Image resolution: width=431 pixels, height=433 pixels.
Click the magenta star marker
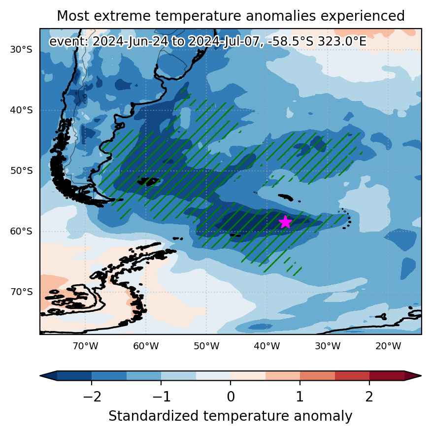tap(285, 222)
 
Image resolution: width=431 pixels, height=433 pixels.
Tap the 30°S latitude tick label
tap(21, 50)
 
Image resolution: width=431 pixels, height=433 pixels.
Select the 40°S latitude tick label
tap(21, 110)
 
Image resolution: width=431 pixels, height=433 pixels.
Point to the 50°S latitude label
tap(21, 170)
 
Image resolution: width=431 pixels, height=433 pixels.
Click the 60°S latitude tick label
tap(21, 231)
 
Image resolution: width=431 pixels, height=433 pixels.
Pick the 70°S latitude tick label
tap(21, 292)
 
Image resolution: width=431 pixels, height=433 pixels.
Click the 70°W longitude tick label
tap(86, 346)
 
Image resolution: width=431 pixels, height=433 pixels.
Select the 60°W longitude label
tap(146, 346)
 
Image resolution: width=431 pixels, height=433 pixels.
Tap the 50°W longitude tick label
tap(206, 346)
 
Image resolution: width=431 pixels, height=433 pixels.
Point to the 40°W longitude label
tap(267, 346)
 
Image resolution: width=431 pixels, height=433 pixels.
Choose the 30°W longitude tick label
tap(328, 346)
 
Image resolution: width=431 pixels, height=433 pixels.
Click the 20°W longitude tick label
tap(388, 346)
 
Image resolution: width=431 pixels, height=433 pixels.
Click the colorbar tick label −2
tap(92, 397)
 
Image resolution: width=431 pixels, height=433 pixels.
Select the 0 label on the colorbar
tap(231, 397)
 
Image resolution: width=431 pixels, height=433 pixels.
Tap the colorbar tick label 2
tap(369, 397)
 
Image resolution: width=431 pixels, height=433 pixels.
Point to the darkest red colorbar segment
tap(387, 376)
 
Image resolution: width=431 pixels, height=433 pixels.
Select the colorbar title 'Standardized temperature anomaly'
tap(231, 416)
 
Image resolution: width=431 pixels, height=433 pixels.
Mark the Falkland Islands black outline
tap(149, 181)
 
